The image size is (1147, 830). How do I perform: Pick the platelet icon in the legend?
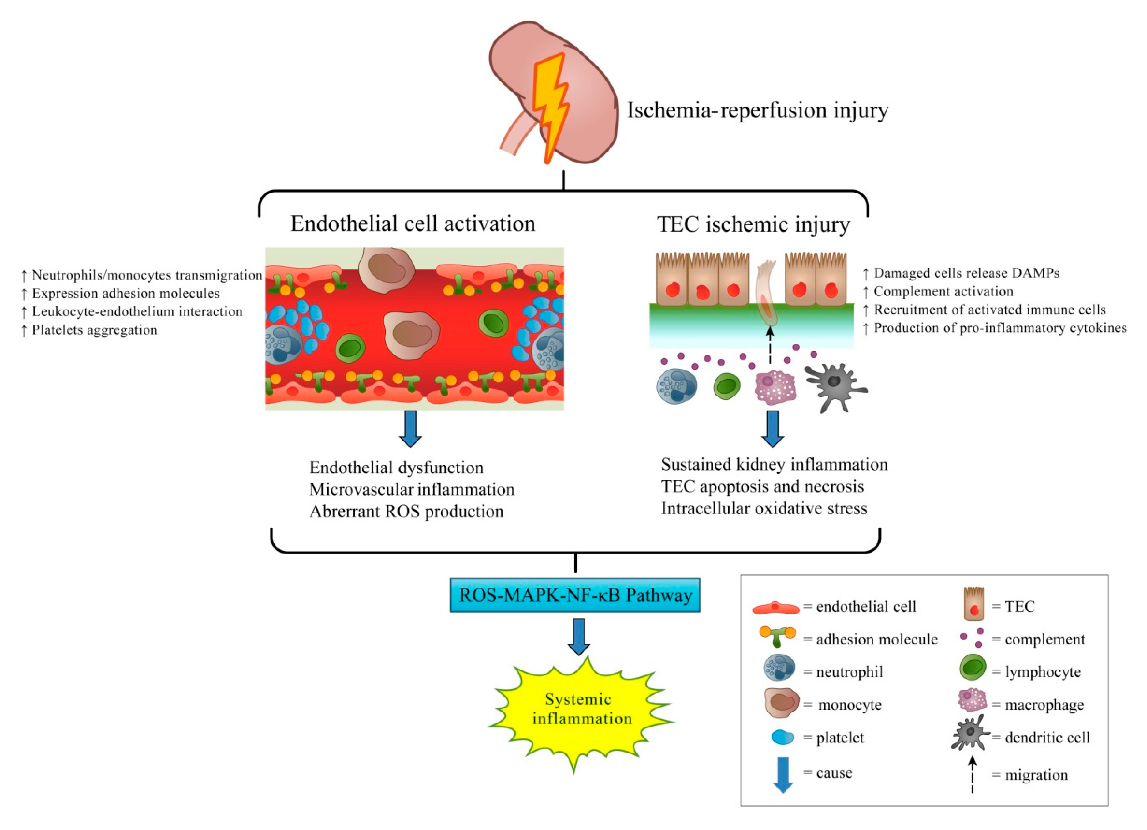tap(783, 737)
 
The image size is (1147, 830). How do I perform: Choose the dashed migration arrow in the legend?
tap(972, 774)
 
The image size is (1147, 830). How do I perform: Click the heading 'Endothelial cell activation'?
tap(413, 224)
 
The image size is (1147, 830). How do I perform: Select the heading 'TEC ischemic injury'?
tap(753, 224)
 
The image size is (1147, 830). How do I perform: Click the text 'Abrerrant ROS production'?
tap(406, 512)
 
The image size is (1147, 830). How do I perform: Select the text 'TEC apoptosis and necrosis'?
tap(763, 487)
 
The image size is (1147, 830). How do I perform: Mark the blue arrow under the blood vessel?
tap(410, 428)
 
